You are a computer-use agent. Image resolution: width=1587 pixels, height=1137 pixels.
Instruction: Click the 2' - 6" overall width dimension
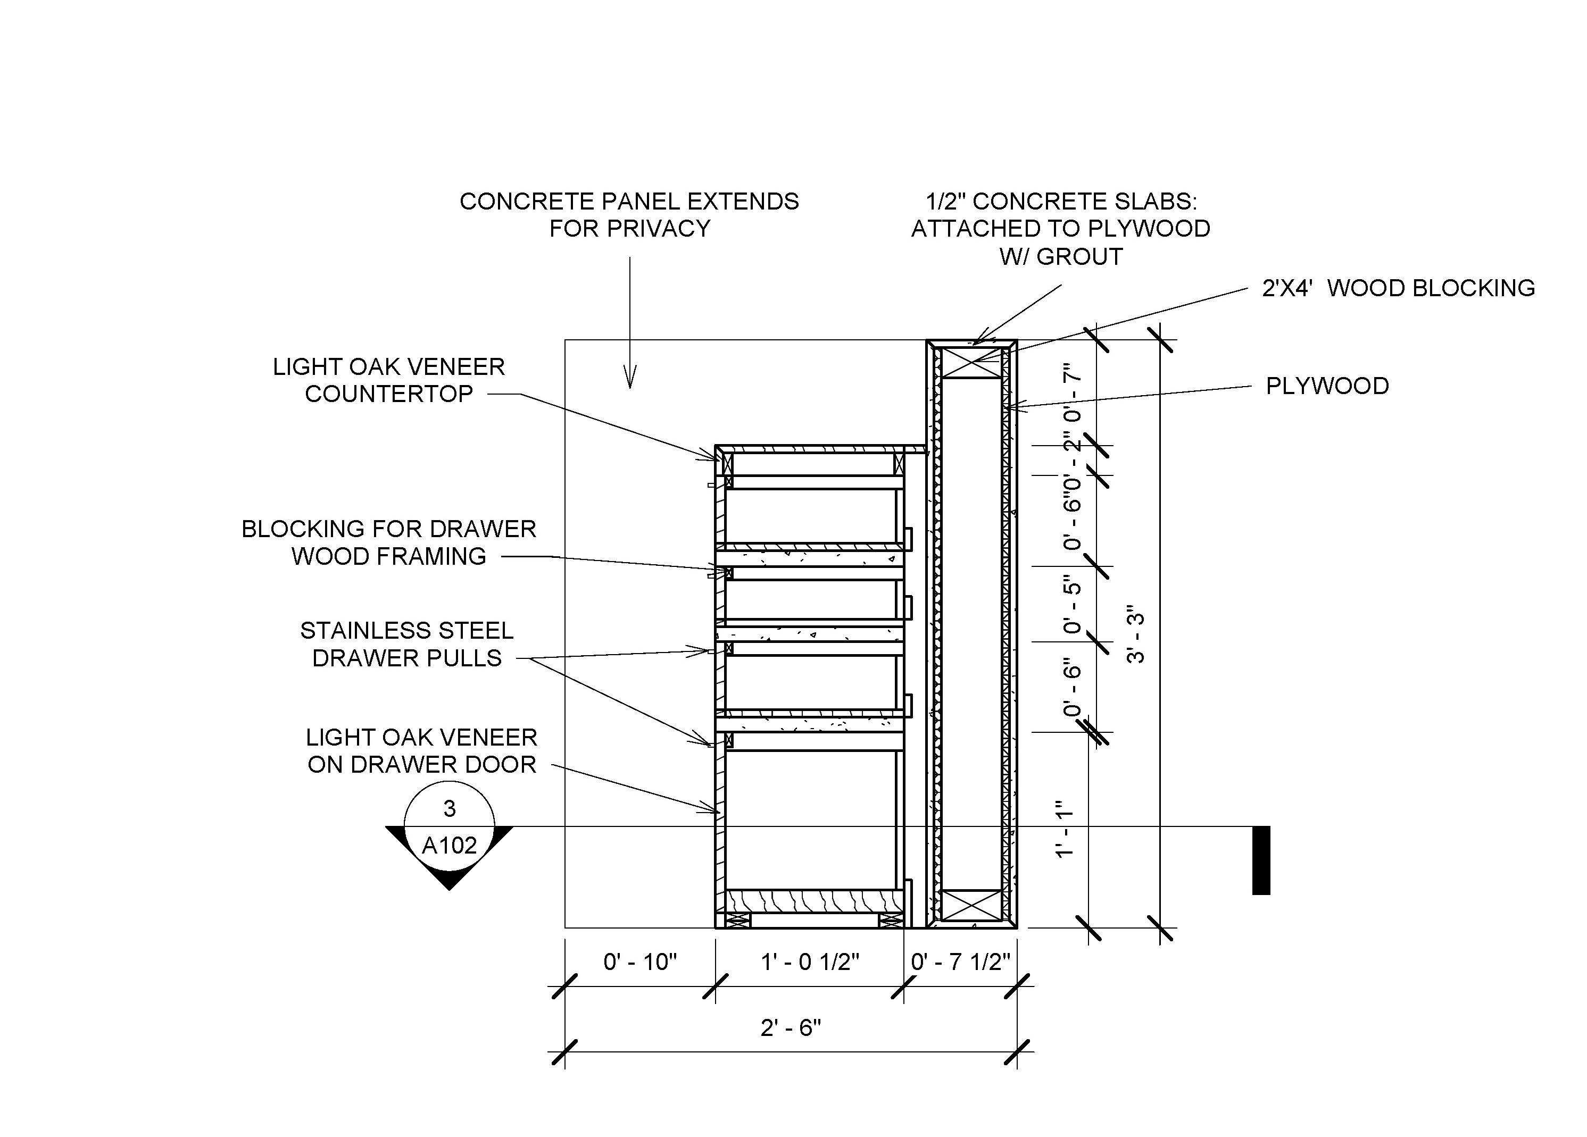pyautogui.click(x=791, y=1028)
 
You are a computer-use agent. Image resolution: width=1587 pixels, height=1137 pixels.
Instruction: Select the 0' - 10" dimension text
pyautogui.click(x=640, y=962)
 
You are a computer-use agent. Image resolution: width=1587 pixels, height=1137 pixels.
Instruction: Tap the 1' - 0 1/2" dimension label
pyautogui.click(x=810, y=962)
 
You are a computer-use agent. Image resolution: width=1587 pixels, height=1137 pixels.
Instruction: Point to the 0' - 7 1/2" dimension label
pyautogui.click(x=961, y=962)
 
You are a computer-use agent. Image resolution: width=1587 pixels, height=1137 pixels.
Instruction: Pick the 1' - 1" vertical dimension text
pyautogui.click(x=1065, y=829)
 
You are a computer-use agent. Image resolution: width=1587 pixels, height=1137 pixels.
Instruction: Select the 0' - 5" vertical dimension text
pyautogui.click(x=1072, y=604)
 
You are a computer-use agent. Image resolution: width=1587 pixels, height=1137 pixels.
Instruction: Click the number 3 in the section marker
pyautogui.click(x=449, y=808)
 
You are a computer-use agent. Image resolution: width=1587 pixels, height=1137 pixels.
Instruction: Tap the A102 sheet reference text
pyautogui.click(x=449, y=846)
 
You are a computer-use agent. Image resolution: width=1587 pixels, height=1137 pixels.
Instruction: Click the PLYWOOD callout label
pyautogui.click(x=1327, y=386)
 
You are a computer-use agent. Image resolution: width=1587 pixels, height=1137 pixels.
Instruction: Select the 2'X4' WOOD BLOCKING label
pyautogui.click(x=1398, y=288)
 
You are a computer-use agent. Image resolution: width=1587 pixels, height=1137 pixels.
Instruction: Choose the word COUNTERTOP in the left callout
pyautogui.click(x=389, y=394)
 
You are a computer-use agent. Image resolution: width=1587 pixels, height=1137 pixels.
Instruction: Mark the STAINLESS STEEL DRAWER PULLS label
pyautogui.click(x=406, y=644)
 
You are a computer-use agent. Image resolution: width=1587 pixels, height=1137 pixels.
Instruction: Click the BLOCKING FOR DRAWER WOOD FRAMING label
pyautogui.click(x=389, y=542)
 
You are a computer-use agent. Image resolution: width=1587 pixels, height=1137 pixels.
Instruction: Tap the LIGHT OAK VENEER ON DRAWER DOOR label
pyautogui.click(x=421, y=750)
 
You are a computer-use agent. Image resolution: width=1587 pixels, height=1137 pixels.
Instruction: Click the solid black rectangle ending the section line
pyautogui.click(x=1261, y=860)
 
